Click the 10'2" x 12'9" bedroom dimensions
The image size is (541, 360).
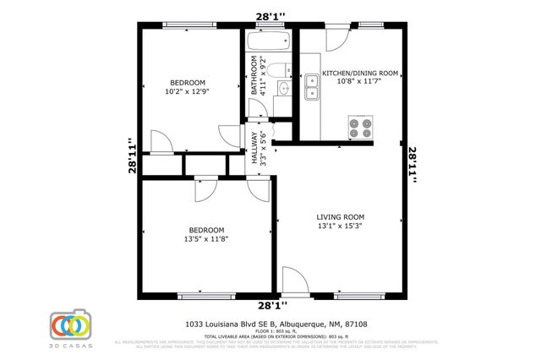(x=189, y=93)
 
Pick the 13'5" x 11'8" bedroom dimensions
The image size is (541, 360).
(x=206, y=239)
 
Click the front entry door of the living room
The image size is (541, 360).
(x=295, y=282)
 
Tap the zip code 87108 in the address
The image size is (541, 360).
(x=355, y=324)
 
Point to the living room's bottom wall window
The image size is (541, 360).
(x=359, y=297)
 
